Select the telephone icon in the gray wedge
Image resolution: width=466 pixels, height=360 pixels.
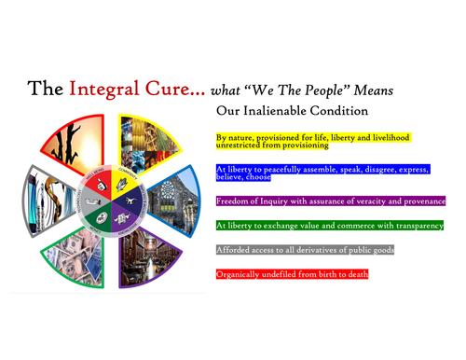[93, 191]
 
